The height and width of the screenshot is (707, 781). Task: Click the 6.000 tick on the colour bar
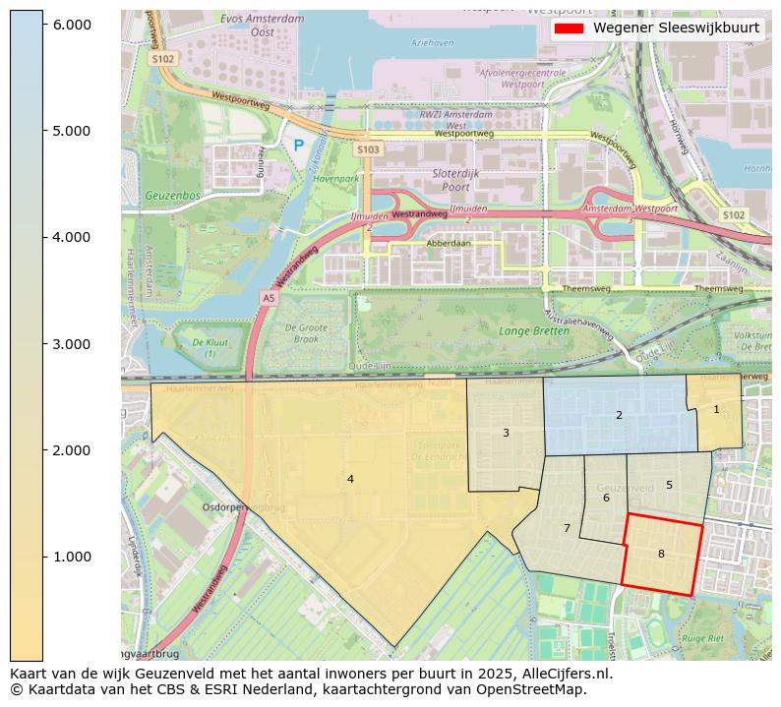pyautogui.click(x=72, y=25)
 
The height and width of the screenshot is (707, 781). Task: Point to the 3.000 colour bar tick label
pyautogui.click(x=72, y=344)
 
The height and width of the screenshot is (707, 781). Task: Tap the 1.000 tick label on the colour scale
pyautogui.click(x=72, y=557)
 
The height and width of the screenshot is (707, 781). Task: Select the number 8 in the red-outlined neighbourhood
pyautogui.click(x=661, y=555)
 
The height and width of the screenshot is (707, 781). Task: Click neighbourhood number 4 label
pyautogui.click(x=350, y=480)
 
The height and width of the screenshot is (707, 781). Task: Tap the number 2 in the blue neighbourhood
pyautogui.click(x=619, y=416)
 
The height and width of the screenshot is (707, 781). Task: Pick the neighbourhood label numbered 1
pyautogui.click(x=716, y=410)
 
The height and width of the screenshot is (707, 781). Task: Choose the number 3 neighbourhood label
pyautogui.click(x=506, y=434)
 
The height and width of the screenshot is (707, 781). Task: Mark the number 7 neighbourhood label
pyautogui.click(x=567, y=529)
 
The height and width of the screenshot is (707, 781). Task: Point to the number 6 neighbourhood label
pyautogui.click(x=606, y=499)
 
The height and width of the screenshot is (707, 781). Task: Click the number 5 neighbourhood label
pyautogui.click(x=669, y=486)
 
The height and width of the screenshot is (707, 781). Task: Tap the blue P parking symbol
pyautogui.click(x=299, y=147)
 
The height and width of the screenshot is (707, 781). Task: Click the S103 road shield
pyautogui.click(x=368, y=149)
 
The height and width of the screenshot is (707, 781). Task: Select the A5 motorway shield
pyautogui.click(x=269, y=297)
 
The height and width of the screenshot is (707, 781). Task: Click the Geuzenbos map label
pyautogui.click(x=172, y=196)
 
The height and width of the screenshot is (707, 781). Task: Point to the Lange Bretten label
pyautogui.click(x=534, y=331)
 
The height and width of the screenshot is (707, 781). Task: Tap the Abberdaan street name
pyautogui.click(x=449, y=243)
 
